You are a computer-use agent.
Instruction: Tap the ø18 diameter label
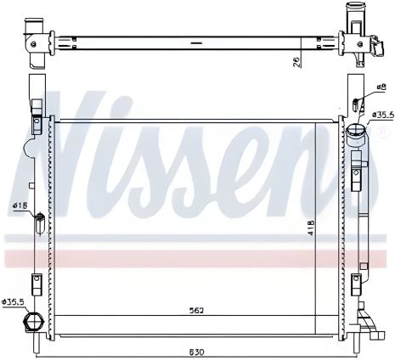(20, 205)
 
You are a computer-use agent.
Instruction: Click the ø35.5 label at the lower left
(14, 301)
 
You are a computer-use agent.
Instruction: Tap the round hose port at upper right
(356, 134)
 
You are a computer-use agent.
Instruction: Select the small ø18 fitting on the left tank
(38, 223)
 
